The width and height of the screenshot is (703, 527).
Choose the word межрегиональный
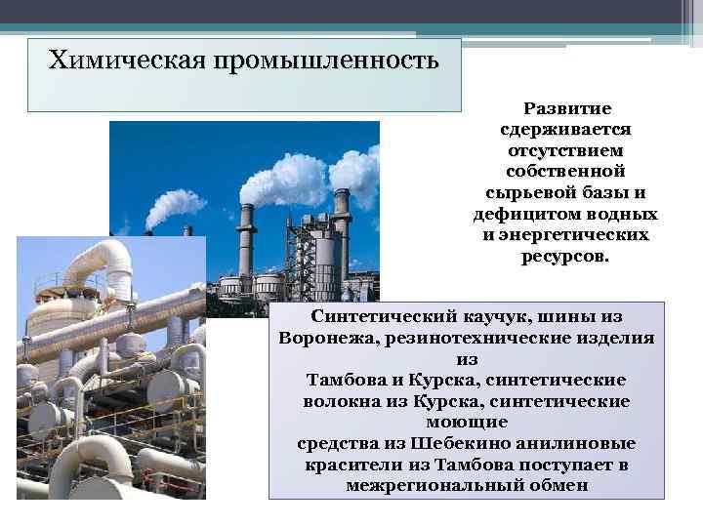pyautogui.click(x=428, y=485)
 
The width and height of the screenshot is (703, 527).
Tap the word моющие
pyautogui.click(x=467, y=422)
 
